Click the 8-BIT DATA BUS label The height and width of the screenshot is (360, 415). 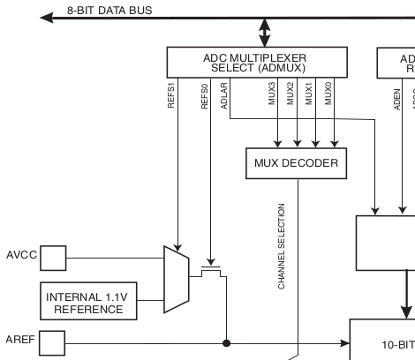[109, 11]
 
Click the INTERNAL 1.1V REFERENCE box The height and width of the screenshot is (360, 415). [86, 302]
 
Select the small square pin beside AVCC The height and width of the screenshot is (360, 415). [53, 258]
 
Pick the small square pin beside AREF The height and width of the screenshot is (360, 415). [53, 341]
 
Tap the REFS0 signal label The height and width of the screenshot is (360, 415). [205, 95]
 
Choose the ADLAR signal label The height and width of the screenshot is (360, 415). [226, 94]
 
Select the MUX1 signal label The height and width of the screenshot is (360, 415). [311, 94]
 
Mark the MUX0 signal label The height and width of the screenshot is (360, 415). [328, 94]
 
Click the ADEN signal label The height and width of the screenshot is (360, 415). [397, 95]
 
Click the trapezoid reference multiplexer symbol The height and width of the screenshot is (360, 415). [177, 279]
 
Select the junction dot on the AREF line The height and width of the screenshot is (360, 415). [229, 341]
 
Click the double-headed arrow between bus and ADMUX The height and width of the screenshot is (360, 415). [262, 33]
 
